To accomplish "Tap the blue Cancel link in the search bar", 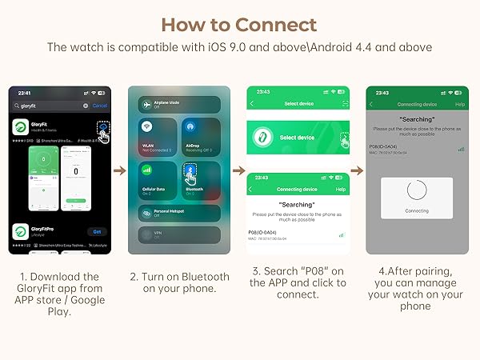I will [x=100, y=106].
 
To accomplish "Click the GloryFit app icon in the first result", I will [x=22, y=129].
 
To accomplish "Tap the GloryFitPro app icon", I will [x=22, y=232].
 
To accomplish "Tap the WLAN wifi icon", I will [x=147, y=126].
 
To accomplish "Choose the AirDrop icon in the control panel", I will [x=190, y=126].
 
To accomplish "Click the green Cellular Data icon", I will [x=147, y=169].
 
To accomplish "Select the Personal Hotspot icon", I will [x=146, y=212].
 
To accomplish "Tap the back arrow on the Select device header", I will [x=251, y=104].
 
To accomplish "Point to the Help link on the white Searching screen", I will [x=340, y=190].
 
